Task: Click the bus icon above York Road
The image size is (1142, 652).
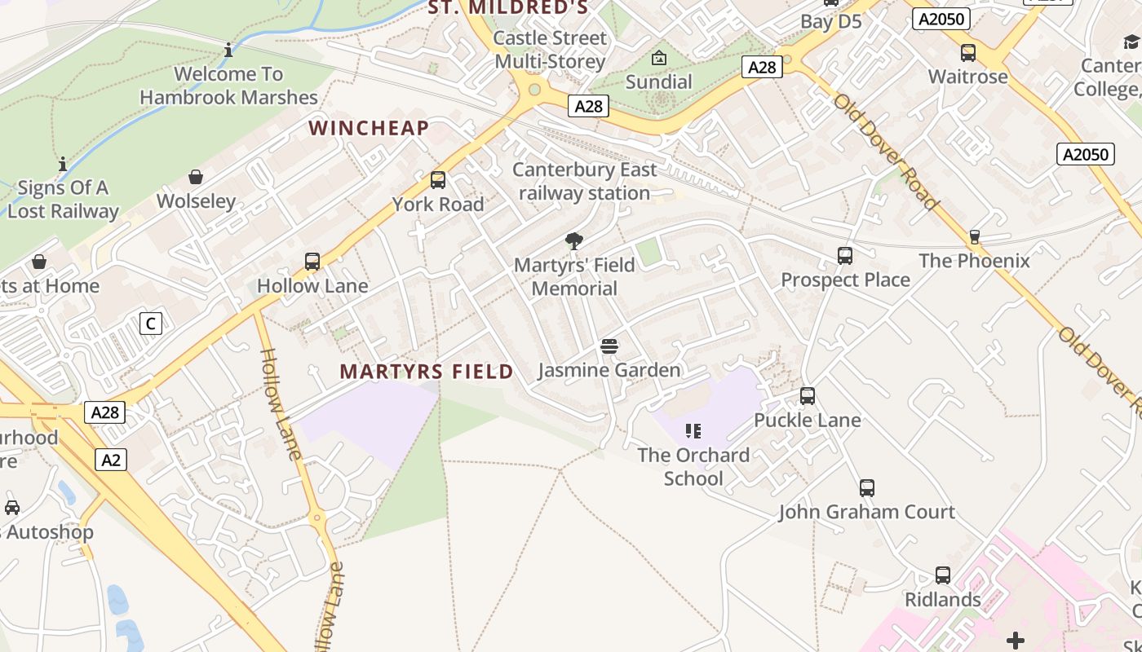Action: pos(438,180)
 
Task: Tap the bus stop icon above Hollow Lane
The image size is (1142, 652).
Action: pos(312,262)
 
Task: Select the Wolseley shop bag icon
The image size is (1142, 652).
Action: pos(196,177)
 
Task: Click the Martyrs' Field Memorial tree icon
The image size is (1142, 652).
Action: pos(574,241)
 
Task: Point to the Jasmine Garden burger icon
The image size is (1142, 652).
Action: pos(609,346)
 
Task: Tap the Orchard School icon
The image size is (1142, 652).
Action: pos(693,430)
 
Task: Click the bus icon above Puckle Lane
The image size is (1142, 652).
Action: pos(808,396)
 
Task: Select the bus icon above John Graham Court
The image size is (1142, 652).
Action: pos(867,488)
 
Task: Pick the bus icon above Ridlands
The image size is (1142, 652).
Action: pos(943,575)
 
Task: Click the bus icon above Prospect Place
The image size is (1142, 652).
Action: pos(845,256)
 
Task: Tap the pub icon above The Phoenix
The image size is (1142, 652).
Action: pos(974,237)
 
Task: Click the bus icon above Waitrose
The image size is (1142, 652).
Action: pos(968,53)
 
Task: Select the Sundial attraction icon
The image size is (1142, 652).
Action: pos(659,58)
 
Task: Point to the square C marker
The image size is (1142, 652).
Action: pos(150,324)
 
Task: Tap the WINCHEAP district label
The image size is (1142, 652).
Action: pos(369,128)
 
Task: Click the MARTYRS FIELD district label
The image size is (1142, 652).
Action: pos(427,372)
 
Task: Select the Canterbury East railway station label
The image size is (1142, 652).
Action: pos(585,181)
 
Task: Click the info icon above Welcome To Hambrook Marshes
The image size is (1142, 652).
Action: pos(228,51)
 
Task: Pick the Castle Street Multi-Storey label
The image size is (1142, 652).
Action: pos(551,50)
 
